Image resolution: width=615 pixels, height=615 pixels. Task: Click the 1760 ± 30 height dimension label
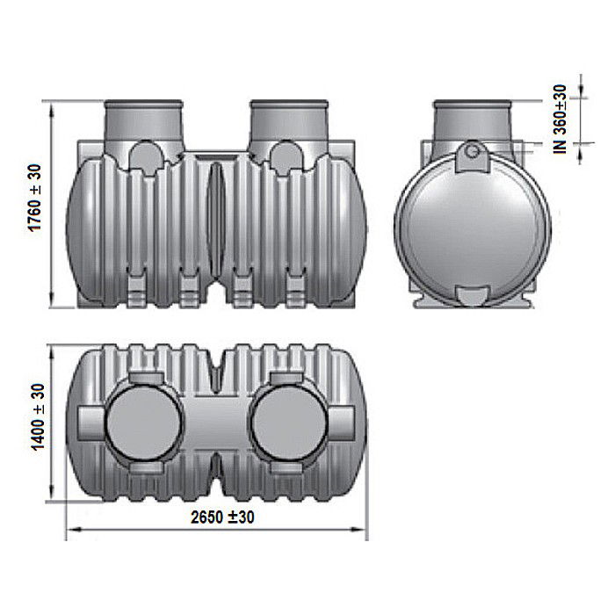pyautogui.click(x=36, y=208)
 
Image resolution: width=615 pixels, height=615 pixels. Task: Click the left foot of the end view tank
pyautogui.click(x=420, y=300)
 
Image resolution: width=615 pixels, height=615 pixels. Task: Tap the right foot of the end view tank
pyautogui.click(x=525, y=300)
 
